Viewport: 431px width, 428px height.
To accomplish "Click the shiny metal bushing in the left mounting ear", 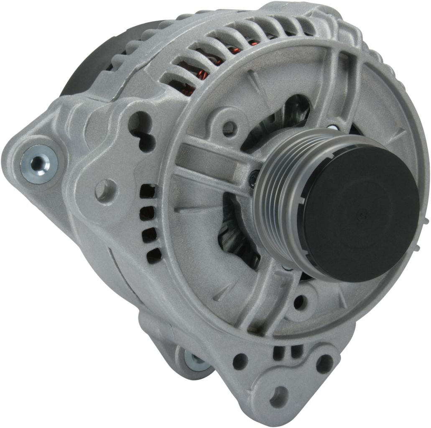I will pos(35,163).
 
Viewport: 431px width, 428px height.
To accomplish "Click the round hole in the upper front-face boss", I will pos(228,125).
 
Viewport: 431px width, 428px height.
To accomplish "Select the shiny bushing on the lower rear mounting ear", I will pos(196,361).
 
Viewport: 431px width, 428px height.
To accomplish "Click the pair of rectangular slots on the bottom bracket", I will pos(283,354).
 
